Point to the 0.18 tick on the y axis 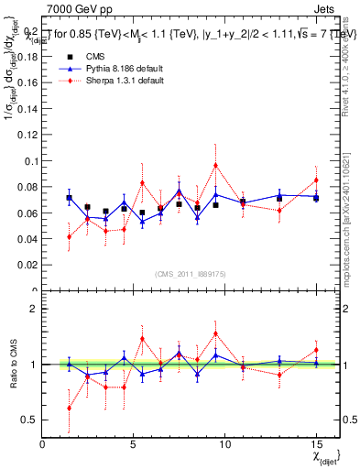coord(27,55)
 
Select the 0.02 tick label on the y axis coord(27,265)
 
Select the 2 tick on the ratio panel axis coord(34,309)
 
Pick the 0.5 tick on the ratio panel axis coord(30,420)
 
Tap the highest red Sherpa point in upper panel coord(215,166)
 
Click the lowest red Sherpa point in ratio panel coord(70,408)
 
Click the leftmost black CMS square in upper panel coord(70,198)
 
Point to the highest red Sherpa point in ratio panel coord(215,333)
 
